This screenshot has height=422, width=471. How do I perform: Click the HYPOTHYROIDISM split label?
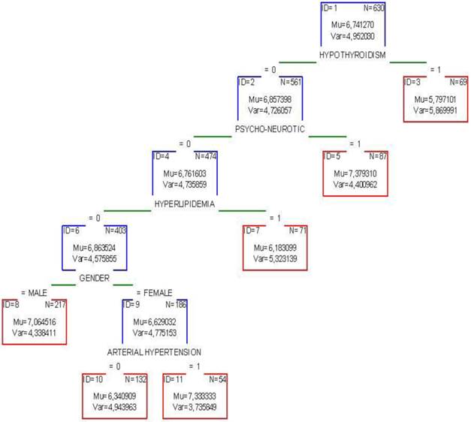click(352, 56)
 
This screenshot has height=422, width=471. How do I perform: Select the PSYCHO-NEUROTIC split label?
click(269, 129)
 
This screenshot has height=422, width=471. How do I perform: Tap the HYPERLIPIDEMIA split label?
click(184, 203)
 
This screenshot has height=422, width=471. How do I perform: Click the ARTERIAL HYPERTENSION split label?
click(154, 351)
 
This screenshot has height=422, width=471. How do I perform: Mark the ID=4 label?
click(162, 156)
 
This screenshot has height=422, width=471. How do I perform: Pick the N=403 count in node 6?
click(116, 230)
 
